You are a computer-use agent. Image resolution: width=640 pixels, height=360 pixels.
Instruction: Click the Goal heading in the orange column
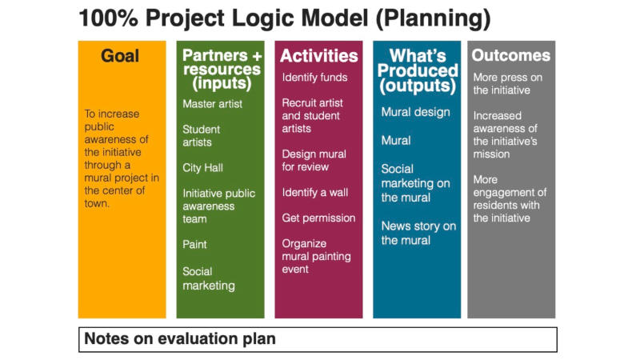point(120,56)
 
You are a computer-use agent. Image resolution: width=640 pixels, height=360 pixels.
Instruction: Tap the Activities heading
point(318,56)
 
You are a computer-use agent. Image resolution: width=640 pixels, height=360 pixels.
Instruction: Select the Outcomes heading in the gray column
point(511,55)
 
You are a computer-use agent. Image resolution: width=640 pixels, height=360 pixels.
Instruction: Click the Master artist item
point(212,104)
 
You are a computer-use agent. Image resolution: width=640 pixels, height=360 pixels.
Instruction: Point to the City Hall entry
point(203,168)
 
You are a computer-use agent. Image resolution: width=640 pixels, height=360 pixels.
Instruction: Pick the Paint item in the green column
point(194,245)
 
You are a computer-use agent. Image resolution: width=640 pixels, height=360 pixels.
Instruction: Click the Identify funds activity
point(314,78)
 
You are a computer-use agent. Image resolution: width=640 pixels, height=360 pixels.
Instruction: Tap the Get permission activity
point(318,218)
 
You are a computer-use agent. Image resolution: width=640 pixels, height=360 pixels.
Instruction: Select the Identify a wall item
point(315,193)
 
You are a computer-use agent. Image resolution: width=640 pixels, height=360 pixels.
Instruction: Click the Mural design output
point(415,112)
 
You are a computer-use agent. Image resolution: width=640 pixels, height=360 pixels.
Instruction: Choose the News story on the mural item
point(418,233)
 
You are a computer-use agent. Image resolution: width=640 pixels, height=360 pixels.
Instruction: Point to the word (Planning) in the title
point(433,19)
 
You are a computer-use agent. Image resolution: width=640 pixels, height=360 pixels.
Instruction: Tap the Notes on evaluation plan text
point(180,338)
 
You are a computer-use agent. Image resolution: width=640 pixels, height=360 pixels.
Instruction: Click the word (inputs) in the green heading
point(222,84)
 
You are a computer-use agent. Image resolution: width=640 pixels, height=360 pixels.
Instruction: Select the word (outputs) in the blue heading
point(417,86)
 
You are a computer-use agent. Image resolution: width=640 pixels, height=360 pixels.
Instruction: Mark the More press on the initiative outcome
point(508,84)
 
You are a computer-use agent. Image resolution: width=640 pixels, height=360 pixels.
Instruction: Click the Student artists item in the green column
point(202,136)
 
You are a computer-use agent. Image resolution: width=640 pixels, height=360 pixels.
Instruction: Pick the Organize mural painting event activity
point(316,256)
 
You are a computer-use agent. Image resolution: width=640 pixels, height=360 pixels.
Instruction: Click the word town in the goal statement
point(97,203)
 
